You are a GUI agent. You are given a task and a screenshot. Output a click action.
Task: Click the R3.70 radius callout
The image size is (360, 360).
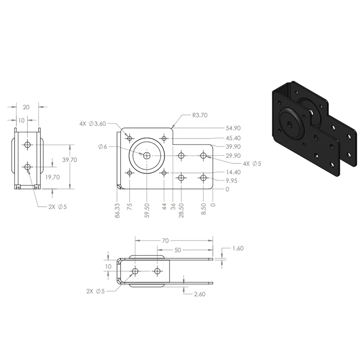(x=200, y=115)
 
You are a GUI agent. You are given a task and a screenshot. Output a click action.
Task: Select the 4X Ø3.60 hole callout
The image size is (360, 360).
(x=93, y=124)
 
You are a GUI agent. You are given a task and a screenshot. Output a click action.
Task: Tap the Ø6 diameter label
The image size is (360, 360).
(x=103, y=147)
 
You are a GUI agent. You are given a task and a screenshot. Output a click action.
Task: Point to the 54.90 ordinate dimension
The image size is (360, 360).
(x=233, y=128)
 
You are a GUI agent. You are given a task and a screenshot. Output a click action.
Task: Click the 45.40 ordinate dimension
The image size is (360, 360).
(x=233, y=138)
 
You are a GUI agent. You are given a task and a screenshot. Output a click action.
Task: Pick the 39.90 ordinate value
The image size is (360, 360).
(x=233, y=147)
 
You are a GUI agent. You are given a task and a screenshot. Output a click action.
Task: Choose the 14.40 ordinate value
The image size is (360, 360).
(x=233, y=172)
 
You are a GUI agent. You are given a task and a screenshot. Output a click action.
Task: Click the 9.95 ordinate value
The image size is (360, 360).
(x=231, y=181)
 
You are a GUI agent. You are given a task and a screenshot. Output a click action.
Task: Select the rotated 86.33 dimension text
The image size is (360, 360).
(x=117, y=210)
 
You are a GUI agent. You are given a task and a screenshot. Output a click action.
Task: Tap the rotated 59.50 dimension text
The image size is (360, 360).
(x=147, y=210)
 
